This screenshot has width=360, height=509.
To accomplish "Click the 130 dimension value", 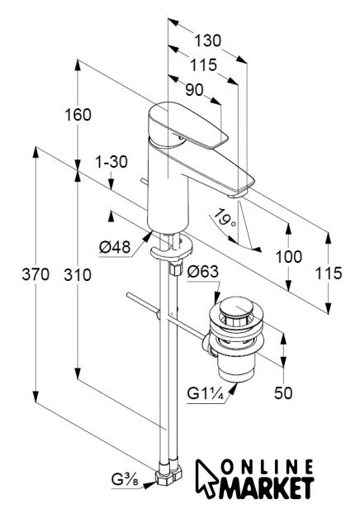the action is (x=207, y=41).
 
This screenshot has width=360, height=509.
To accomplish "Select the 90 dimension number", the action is (x=194, y=89).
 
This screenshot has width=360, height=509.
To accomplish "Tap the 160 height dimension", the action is (x=78, y=115).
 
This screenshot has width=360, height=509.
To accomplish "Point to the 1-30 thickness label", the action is (x=111, y=162).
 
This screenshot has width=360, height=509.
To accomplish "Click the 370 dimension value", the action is (x=36, y=274).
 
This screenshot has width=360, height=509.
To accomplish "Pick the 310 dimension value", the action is (x=78, y=275).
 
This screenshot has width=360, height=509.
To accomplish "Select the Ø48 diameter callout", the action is (x=115, y=247).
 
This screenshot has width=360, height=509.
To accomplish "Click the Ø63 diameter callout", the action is (x=203, y=271).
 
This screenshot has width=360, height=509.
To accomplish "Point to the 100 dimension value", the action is (x=289, y=257).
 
